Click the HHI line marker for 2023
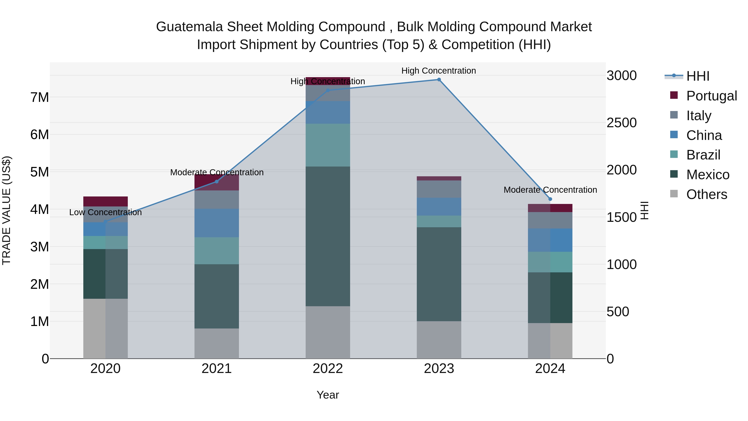(x=439, y=80)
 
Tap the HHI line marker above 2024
(x=550, y=199)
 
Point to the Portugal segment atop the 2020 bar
(x=105, y=201)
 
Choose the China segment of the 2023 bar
(x=439, y=207)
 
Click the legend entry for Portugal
(x=711, y=96)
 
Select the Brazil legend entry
(x=703, y=155)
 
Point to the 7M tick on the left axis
(x=39, y=97)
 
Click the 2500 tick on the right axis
(x=621, y=123)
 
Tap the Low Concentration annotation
(x=105, y=212)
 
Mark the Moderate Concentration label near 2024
(x=550, y=190)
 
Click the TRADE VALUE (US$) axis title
(x=6, y=210)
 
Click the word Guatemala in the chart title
(x=190, y=27)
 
